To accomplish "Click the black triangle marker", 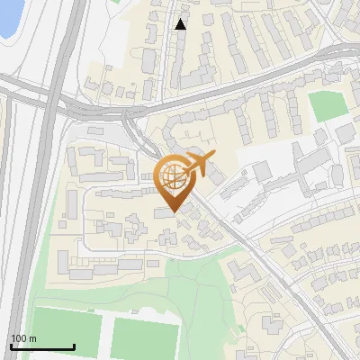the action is (180, 24).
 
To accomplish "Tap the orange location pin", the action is (173, 180).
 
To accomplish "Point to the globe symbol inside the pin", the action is (172, 175).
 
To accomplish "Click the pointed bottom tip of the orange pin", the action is (173, 211).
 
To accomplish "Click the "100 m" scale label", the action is (23, 338).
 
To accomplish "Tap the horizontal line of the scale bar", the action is (42, 347).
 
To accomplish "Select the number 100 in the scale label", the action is (19, 338).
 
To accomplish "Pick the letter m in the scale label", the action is (32, 338).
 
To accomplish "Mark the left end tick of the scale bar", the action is (11, 346).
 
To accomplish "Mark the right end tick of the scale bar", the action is (74, 346).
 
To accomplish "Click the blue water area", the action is (7, 18).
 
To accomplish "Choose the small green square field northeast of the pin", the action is (327, 106).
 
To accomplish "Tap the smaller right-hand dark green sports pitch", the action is (141, 337).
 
